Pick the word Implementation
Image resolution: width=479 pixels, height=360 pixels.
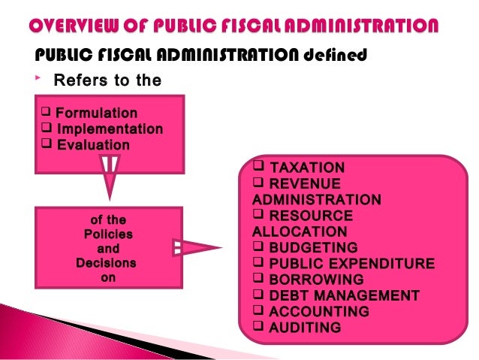[x=110, y=129]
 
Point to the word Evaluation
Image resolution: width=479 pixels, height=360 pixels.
[x=93, y=145]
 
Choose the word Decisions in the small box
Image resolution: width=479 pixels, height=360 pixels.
[x=106, y=264]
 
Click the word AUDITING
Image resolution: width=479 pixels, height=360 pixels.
[x=305, y=328]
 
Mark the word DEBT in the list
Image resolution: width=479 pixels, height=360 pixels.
[x=288, y=295]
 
